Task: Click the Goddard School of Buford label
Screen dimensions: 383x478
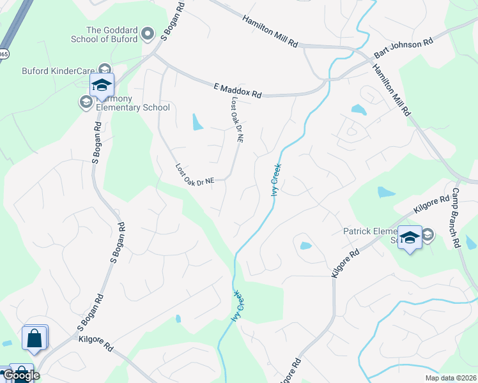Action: click(112, 34)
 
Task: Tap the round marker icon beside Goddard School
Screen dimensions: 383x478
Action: click(148, 33)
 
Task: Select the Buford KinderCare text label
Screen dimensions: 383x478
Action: click(58, 71)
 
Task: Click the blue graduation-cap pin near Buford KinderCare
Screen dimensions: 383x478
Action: click(102, 86)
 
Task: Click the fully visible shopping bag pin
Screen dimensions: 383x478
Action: click(35, 338)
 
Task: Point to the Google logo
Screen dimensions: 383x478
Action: click(20, 375)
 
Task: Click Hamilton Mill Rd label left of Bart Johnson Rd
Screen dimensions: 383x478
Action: click(270, 30)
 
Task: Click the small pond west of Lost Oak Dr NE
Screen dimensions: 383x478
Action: click(197, 121)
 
